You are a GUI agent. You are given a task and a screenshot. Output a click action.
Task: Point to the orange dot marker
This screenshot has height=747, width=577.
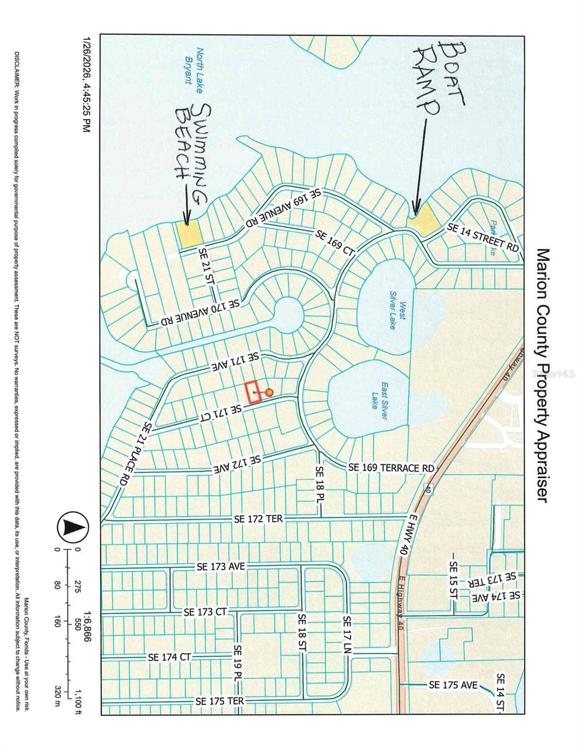(x=269, y=392)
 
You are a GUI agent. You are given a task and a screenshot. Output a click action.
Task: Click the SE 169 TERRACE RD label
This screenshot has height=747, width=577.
(x=390, y=467)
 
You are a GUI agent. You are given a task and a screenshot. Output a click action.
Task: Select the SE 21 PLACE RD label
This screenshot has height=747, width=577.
(x=136, y=454)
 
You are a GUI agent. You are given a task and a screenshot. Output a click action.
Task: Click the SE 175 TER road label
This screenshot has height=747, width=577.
(x=219, y=701)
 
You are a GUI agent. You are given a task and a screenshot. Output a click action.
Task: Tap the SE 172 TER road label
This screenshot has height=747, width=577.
(x=258, y=518)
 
